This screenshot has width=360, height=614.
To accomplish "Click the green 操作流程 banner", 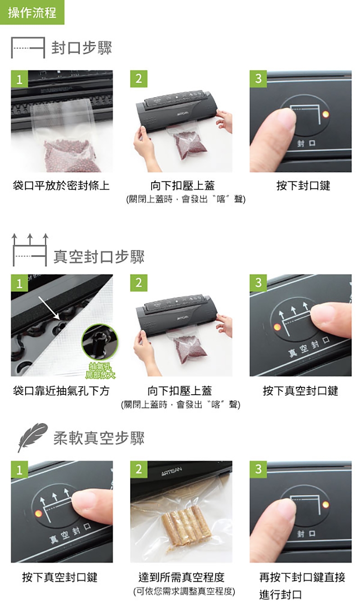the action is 32,12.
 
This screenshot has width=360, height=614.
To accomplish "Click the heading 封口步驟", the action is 81,48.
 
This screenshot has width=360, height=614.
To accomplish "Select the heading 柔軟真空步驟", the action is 99,438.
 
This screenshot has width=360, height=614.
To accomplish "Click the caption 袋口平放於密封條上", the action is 61,185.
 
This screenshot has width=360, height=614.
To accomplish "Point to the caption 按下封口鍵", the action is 303,185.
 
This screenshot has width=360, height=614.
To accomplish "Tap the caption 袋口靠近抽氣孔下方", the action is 61,391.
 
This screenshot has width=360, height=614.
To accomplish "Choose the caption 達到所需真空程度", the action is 181,577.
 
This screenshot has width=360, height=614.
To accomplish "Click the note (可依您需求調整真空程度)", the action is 184,591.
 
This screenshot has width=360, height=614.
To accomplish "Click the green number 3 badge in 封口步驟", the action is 258,79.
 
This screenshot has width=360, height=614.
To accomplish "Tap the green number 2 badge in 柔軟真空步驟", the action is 139,469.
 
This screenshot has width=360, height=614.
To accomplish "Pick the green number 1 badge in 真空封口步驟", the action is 19,283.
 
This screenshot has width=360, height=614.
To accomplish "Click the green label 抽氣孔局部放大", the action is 100,370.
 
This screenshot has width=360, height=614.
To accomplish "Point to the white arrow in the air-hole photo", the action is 49,307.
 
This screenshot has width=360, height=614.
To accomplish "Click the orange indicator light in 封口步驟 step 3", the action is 325,114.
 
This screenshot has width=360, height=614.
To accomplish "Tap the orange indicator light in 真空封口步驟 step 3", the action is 277,327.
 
